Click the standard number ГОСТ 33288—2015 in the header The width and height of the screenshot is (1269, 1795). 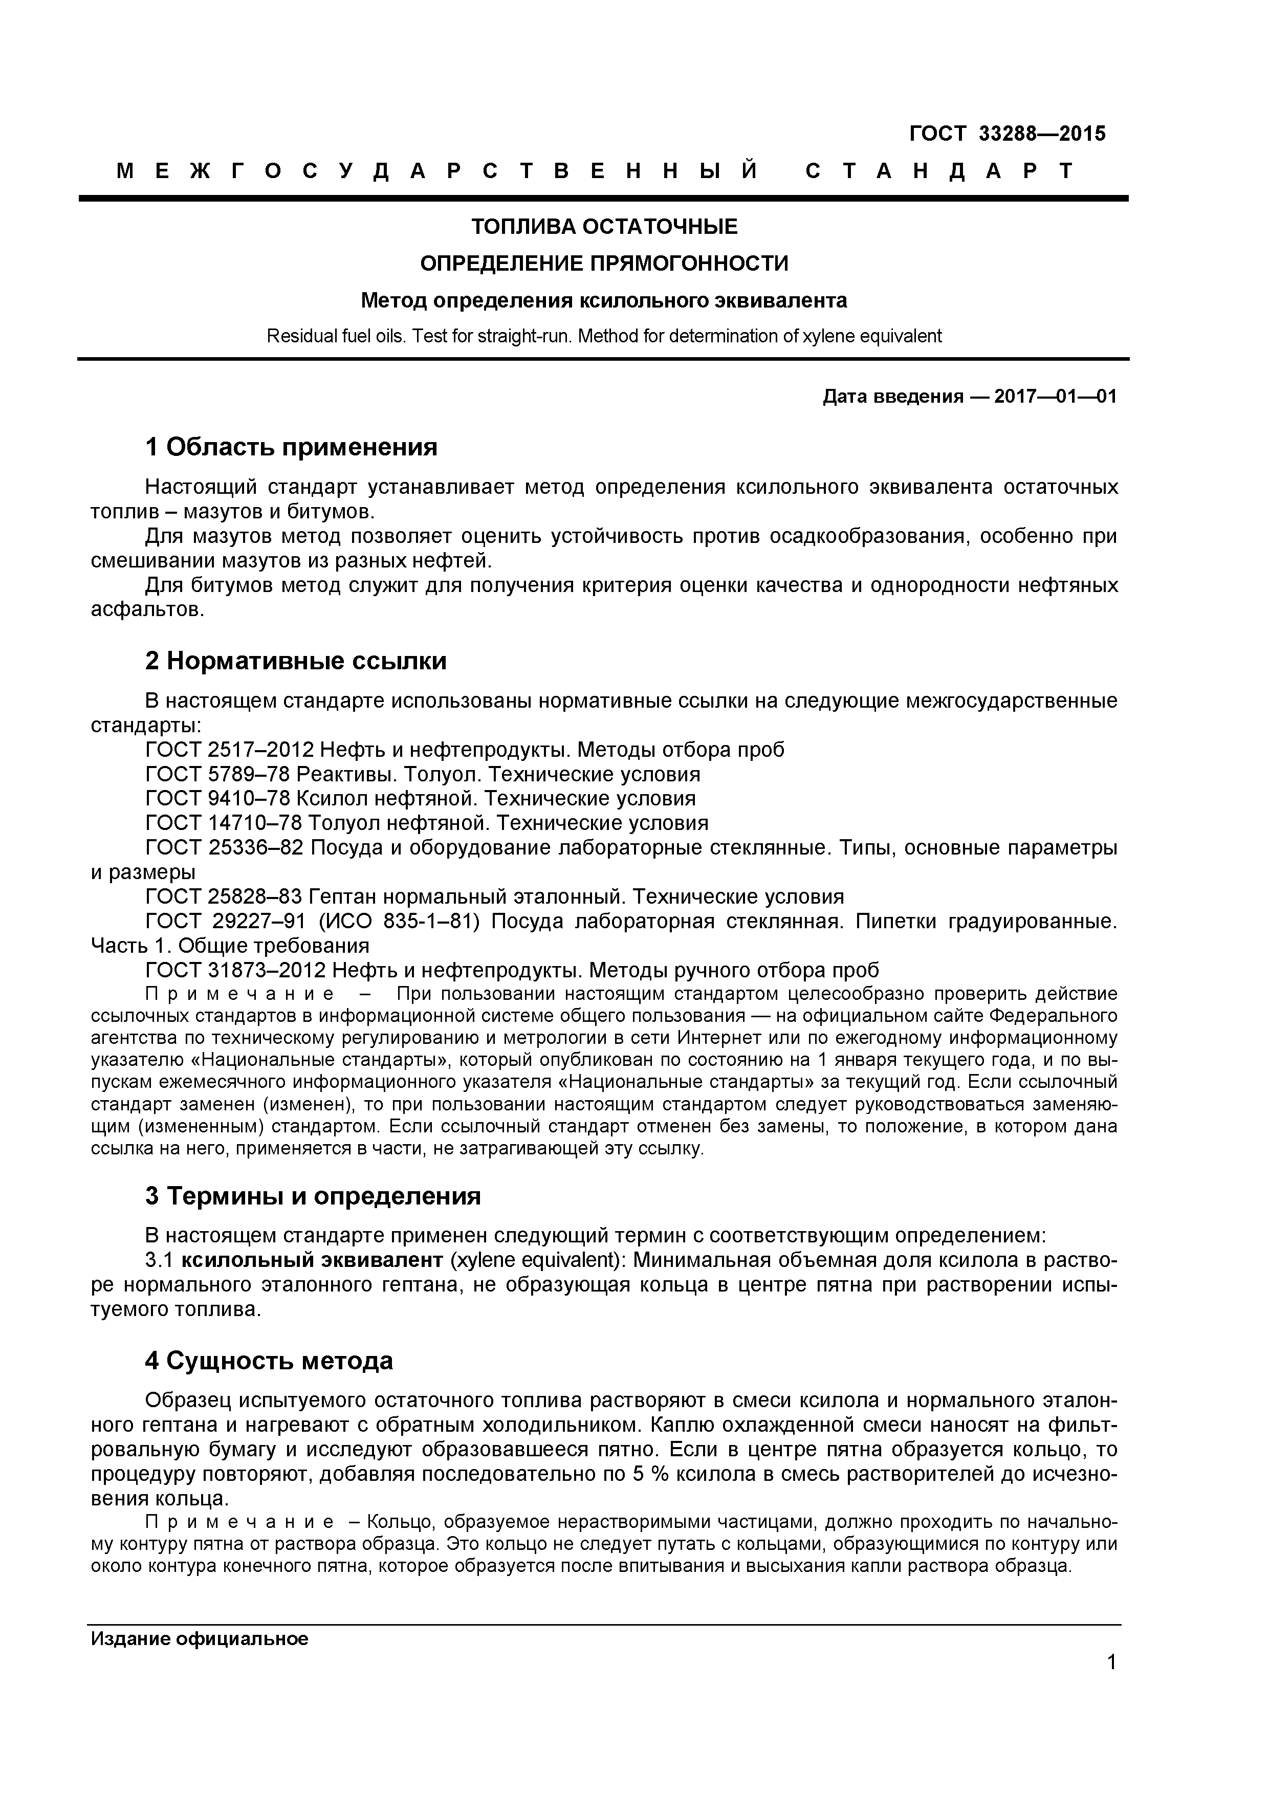pos(1007,134)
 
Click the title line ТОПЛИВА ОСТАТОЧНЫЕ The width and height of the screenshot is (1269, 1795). pos(604,227)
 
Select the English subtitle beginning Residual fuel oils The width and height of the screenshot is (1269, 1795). pos(604,336)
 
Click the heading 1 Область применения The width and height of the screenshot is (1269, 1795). pos(291,447)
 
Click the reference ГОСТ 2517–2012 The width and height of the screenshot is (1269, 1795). pos(230,750)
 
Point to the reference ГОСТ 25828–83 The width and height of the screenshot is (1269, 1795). pos(224,896)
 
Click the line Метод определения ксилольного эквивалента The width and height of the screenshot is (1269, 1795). pos(604,300)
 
